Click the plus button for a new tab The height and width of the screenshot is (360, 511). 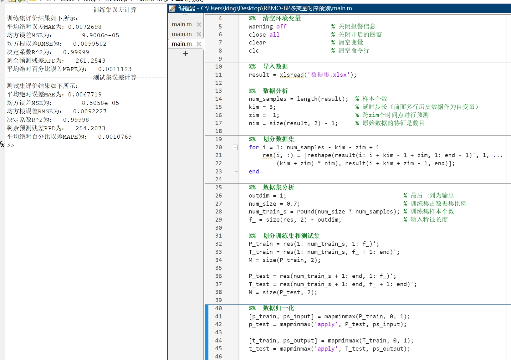[x=186, y=54]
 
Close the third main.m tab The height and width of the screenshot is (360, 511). [x=199, y=44]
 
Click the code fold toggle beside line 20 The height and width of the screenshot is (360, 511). [x=235, y=147]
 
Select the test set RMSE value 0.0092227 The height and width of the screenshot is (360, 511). [x=90, y=111]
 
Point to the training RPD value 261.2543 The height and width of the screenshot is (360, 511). [x=90, y=61]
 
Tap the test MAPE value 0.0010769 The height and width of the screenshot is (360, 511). [x=115, y=137]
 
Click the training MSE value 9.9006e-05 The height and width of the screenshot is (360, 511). [x=100, y=35]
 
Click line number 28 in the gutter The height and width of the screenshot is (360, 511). [x=218, y=212]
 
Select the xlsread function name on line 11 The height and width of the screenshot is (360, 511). [x=292, y=75]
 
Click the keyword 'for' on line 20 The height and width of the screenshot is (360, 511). [x=254, y=147]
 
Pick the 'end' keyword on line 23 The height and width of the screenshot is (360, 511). [x=254, y=172]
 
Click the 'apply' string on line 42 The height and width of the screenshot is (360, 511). [x=326, y=324]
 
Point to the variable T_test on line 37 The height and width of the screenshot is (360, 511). [x=259, y=284]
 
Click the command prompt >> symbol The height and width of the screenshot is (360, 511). [x=10, y=145]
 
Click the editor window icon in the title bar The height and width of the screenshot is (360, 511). [x=172, y=8]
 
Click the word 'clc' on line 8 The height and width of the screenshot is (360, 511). [x=254, y=51]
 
